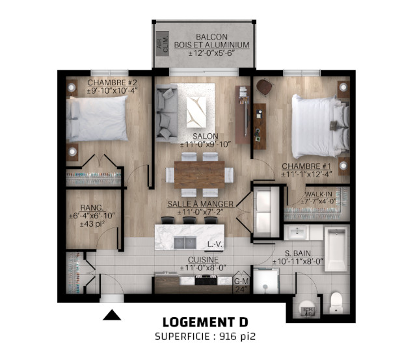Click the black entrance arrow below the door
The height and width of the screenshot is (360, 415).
[x=112, y=315]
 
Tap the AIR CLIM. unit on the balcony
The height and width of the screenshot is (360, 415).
[x=162, y=44]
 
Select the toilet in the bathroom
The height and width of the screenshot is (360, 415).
[x=337, y=303]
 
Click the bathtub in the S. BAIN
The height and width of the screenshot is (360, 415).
[x=336, y=250]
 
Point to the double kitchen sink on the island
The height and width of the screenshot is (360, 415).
[x=185, y=243]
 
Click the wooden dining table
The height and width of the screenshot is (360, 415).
[x=200, y=175]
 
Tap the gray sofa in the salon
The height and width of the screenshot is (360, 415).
[x=167, y=112]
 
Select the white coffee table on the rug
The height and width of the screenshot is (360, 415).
[x=196, y=112]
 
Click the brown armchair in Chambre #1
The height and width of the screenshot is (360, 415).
[x=265, y=86]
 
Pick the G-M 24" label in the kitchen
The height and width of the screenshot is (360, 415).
[x=241, y=285]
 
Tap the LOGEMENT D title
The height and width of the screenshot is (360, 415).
[x=206, y=322]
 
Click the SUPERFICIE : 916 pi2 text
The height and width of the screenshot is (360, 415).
[x=206, y=337]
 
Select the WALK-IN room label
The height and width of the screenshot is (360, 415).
[x=318, y=194]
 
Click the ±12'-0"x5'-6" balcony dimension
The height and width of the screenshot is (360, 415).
[x=212, y=53]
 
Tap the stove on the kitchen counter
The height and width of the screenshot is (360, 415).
[x=206, y=280]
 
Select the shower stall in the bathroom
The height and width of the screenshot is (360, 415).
[x=266, y=281]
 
